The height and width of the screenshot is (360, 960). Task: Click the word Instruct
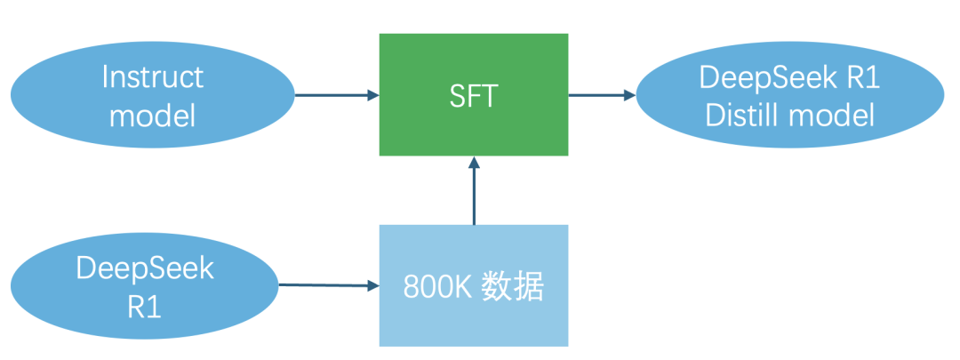pos(152,77)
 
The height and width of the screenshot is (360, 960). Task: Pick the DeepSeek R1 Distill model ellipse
pos(907,96)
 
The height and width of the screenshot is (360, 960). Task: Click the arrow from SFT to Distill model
pos(600,95)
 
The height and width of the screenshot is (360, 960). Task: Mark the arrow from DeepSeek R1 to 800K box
pos(324,285)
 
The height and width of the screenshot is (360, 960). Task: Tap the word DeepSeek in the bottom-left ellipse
pos(145,268)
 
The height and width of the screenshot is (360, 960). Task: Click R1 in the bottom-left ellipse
pos(145,305)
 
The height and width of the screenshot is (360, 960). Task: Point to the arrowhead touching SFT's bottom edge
pos(474,163)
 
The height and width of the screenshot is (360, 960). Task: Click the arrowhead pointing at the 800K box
pos(372,285)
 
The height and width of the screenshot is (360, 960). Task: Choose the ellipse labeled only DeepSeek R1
pos(53,286)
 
